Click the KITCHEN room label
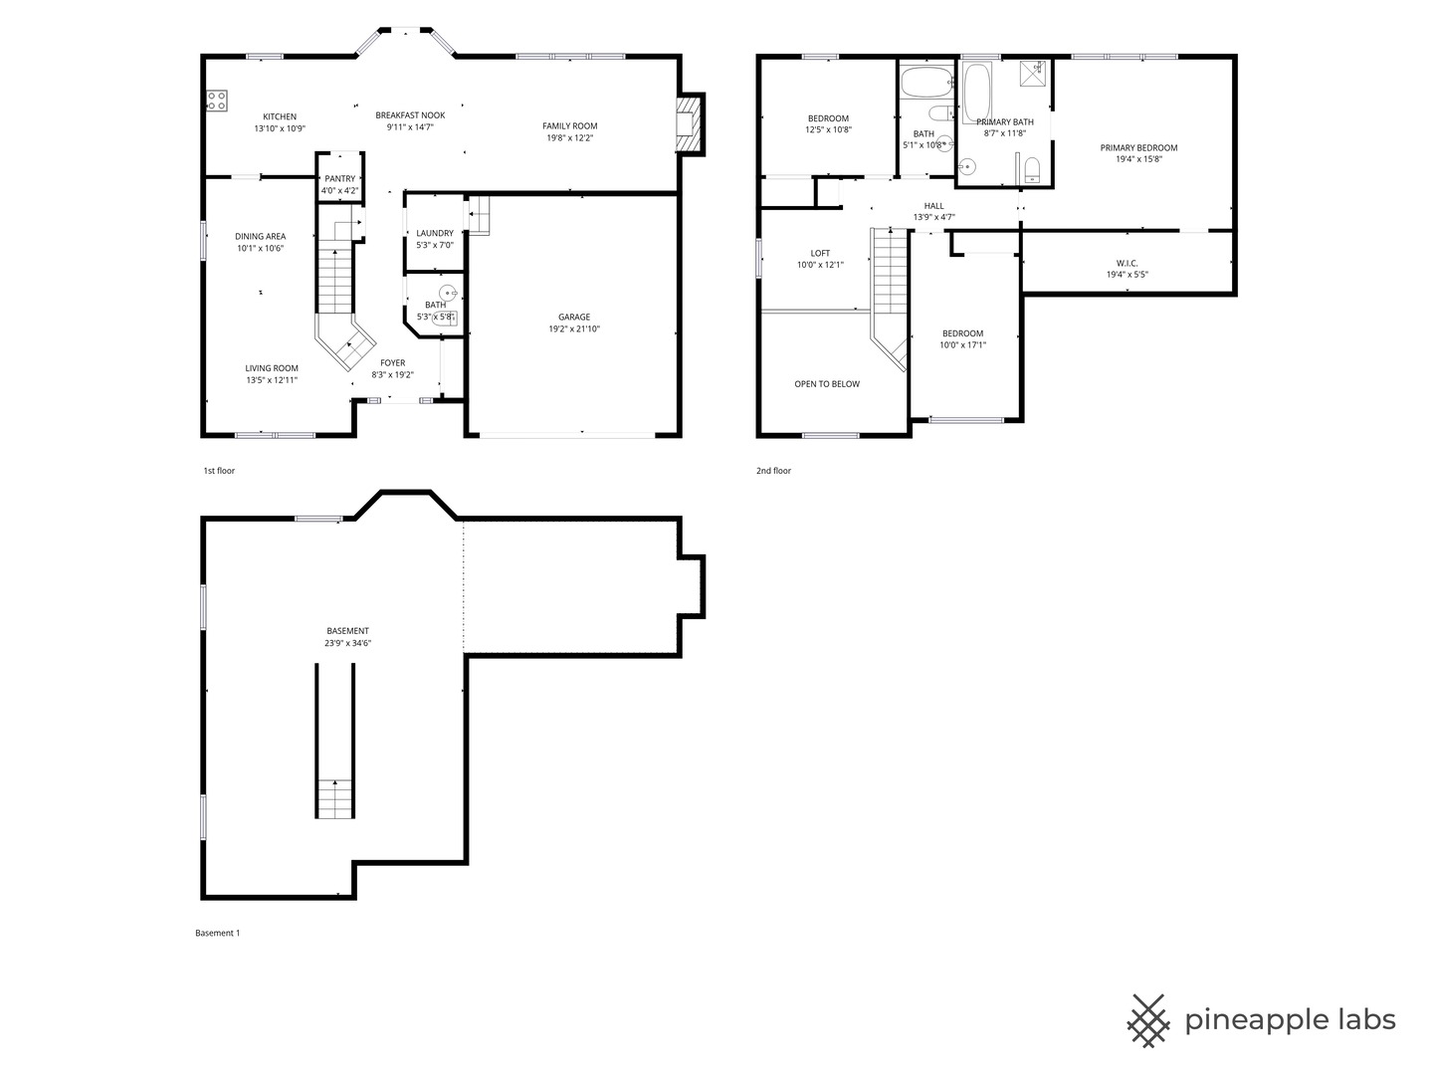280,116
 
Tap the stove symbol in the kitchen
216,100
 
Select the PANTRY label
339,179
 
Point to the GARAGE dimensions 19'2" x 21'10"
574,329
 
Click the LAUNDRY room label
435,233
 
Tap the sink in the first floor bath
449,293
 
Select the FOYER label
392,363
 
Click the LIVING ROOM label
272,368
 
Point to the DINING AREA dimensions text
260,249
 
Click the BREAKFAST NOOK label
410,115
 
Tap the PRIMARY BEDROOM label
1138,147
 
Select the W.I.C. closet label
1126,263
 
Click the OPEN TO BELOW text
827,384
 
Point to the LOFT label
820,253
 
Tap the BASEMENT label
347,631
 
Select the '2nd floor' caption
773,471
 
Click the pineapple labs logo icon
1148,1020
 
